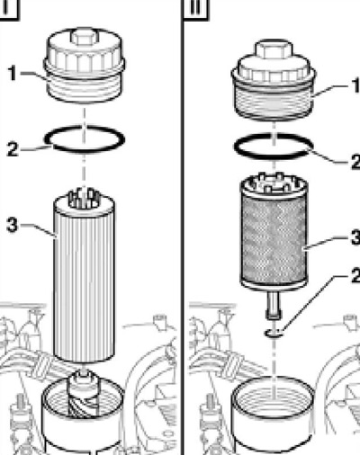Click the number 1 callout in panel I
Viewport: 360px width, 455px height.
tap(13, 74)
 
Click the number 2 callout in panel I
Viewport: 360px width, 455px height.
tap(13, 149)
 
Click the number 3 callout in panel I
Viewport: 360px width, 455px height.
tap(12, 225)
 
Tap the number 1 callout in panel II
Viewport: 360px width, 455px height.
tap(355, 85)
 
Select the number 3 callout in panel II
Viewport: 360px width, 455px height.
tap(355, 237)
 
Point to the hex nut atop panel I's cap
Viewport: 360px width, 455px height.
tap(84, 36)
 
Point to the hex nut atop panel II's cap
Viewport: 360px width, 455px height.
tap(274, 49)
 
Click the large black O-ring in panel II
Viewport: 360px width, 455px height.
tap(234, 146)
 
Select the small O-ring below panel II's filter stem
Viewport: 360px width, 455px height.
tap(274, 333)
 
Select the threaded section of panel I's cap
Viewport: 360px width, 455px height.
tap(85, 88)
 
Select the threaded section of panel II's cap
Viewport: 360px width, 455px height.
tap(274, 100)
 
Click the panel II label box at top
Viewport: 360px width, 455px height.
tap(195, 9)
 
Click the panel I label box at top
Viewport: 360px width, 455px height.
tap(8, 9)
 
